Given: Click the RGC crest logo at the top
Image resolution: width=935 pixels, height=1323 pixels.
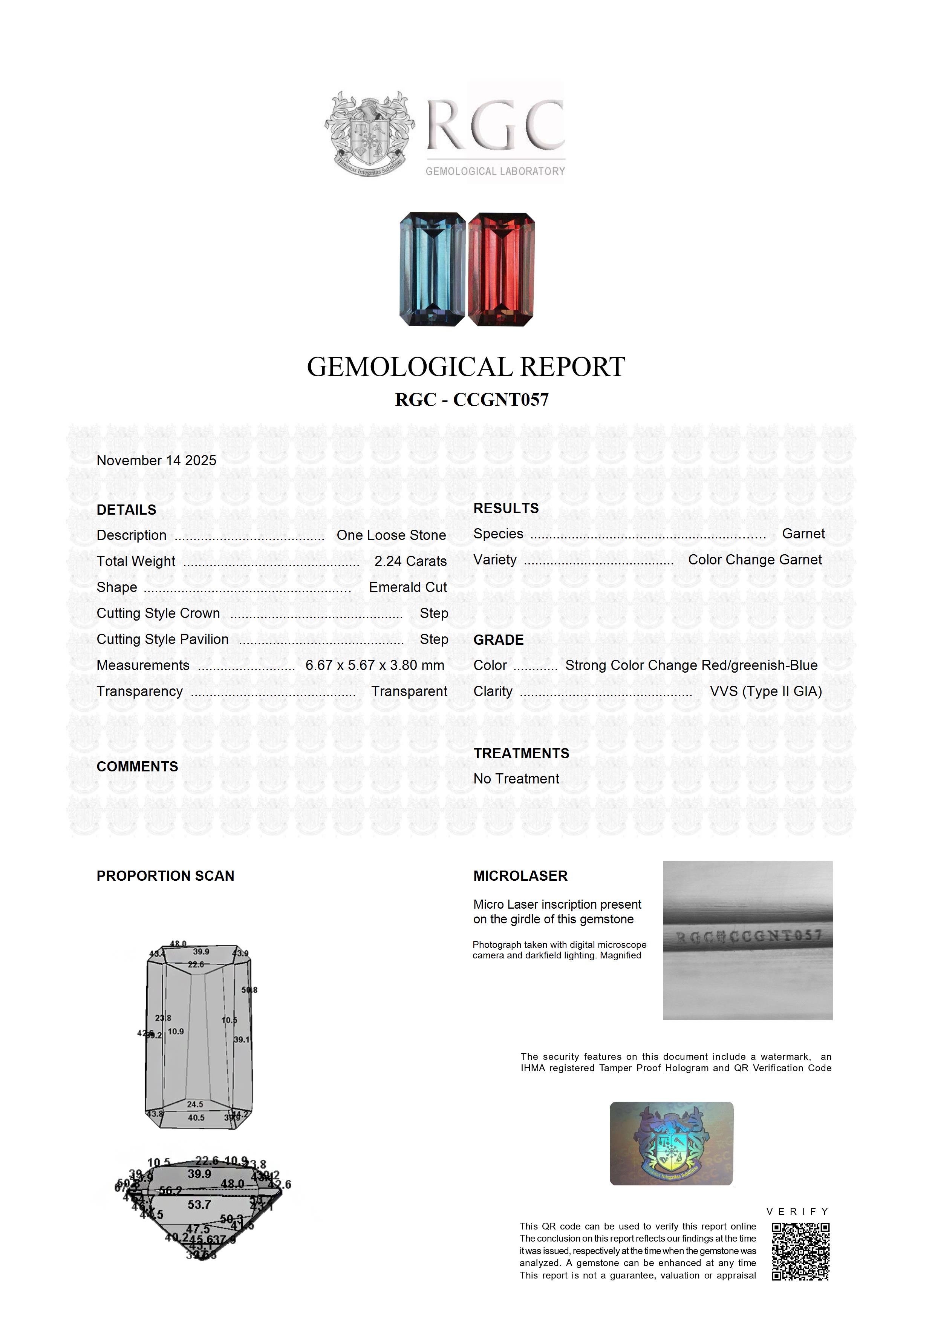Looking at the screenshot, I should [369, 134].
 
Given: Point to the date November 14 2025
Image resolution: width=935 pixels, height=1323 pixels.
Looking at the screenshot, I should [156, 460].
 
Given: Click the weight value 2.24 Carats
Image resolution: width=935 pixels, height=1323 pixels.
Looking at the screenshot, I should [410, 561].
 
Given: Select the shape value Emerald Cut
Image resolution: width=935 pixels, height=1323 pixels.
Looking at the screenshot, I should [408, 587].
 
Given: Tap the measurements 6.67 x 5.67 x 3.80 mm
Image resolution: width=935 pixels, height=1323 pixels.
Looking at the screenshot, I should [375, 665].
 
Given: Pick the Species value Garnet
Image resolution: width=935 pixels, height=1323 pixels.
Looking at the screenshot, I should [803, 533].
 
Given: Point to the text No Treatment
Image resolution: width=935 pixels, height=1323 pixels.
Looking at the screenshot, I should [516, 779].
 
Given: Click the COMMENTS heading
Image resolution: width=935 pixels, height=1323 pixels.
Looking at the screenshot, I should [137, 767].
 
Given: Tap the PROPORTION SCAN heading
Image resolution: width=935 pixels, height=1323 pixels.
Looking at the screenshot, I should [165, 876].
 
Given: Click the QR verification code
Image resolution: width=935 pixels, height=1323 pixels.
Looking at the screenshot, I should [800, 1251].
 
